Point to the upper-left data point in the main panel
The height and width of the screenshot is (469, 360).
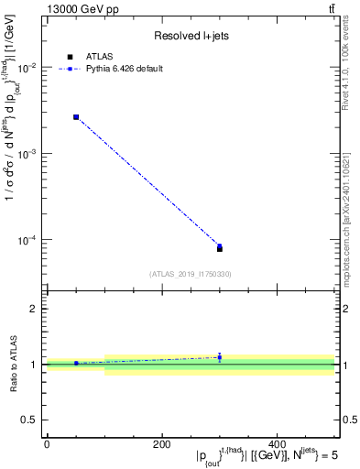(x=76, y=117)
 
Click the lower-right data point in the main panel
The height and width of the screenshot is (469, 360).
(x=220, y=247)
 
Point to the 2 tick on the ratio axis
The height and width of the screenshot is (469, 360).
(x=35, y=310)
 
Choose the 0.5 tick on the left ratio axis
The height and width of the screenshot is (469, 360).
(x=31, y=420)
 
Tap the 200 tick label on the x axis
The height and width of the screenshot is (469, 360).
(x=162, y=444)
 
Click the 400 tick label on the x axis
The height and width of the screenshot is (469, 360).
(x=278, y=444)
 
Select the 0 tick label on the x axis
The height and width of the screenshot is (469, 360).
(x=47, y=444)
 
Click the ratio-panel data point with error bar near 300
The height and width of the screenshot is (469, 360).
(x=220, y=357)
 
